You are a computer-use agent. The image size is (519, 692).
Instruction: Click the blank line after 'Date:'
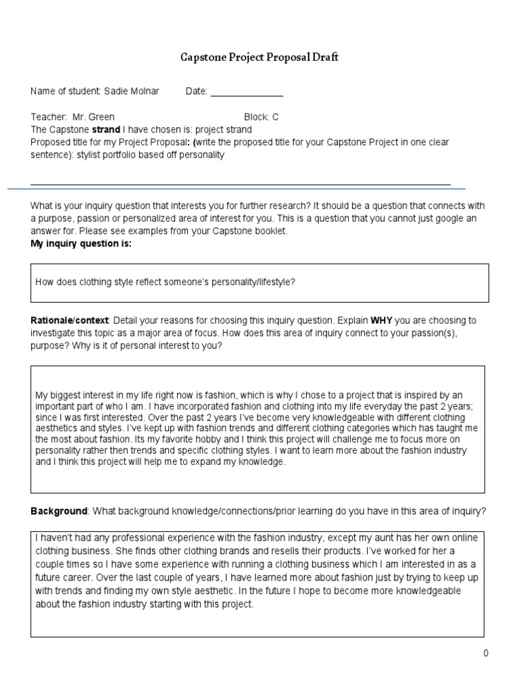coord(247,92)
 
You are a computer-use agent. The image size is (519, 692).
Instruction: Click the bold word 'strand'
coord(107,129)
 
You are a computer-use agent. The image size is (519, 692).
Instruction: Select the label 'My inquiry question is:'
coord(81,243)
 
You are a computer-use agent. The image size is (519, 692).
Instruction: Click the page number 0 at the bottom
coord(485,653)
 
